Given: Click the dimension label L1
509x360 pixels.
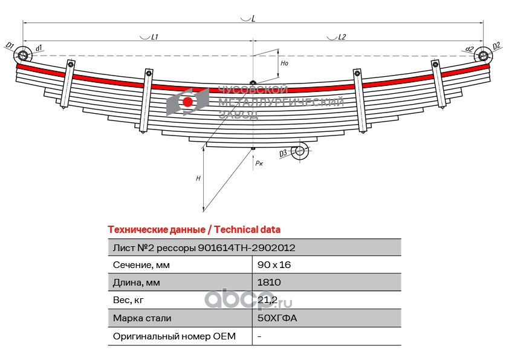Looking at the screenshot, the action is coord(155,37).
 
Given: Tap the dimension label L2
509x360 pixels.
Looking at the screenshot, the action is coord(342,37).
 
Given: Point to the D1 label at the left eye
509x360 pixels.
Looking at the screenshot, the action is coord(10,45).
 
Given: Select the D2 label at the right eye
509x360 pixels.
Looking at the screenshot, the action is coord(496,46).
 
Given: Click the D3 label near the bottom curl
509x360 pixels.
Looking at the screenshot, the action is coord(283,152).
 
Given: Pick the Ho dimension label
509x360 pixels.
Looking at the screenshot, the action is coord(284,63).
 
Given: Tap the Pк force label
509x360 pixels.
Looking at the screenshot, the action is coord(259,163).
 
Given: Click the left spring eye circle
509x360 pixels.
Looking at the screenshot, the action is coord(23,55).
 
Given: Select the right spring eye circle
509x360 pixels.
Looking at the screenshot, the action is coord(484,55).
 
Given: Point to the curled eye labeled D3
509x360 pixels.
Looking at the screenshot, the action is coord(299,151).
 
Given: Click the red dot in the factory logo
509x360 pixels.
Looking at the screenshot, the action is coord(187,102).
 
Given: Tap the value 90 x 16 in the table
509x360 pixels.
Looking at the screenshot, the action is coord(274,265).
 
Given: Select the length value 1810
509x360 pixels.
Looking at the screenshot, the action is coord(269,282).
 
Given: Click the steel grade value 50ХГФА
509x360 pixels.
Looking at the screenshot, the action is coord(277,318).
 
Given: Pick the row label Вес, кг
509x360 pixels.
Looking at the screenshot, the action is coord(128,300).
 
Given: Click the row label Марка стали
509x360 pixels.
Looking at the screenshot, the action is coord(142,318).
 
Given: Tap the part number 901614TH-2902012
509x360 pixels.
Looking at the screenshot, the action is coord(247,247).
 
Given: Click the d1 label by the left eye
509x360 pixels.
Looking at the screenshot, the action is coord(39,48).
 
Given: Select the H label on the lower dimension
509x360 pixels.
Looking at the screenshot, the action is coord(198,178).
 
